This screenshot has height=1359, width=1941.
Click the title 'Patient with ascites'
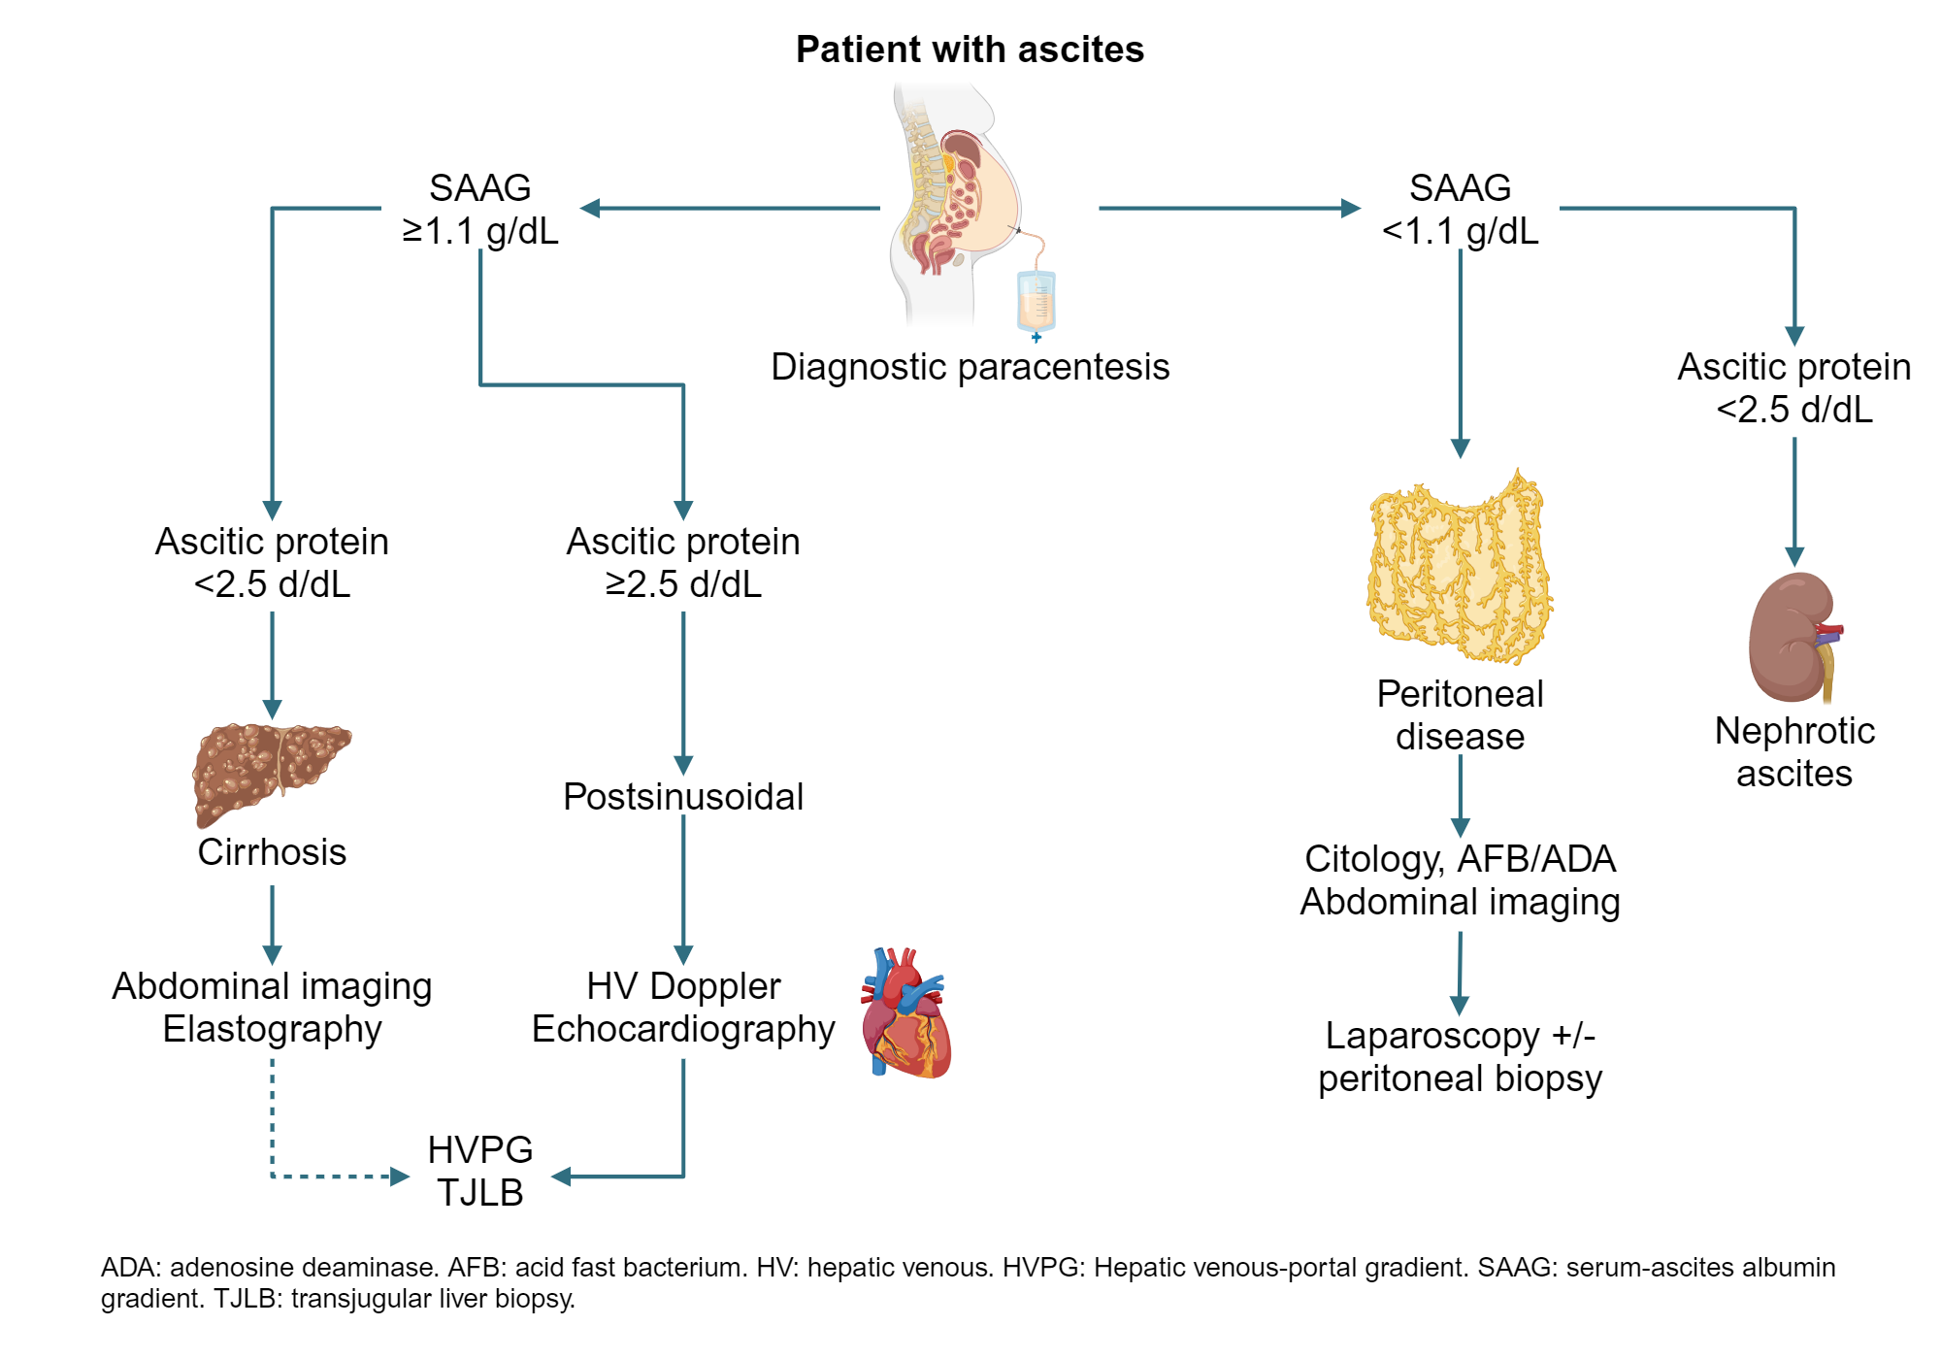970,50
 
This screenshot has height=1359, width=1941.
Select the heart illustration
906,1014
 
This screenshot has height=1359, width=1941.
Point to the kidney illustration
1793,638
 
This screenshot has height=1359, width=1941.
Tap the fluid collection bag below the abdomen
1036,301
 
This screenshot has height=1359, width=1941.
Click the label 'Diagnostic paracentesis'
970,367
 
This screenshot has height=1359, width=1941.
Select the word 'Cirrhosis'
272,852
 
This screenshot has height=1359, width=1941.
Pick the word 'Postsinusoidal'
683,797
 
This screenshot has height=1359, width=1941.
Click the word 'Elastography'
272,1029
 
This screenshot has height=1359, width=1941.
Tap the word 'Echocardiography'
683,1029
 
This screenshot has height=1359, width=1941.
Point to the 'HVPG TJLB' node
480,1172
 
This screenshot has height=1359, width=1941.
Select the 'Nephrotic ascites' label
1794,752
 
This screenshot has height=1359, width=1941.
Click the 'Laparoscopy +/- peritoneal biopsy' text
1460,1057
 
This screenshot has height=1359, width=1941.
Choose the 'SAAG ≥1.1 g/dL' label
480,209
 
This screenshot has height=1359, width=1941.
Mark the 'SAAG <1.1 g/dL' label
1460,209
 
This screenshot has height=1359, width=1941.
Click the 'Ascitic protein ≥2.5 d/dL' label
683,563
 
